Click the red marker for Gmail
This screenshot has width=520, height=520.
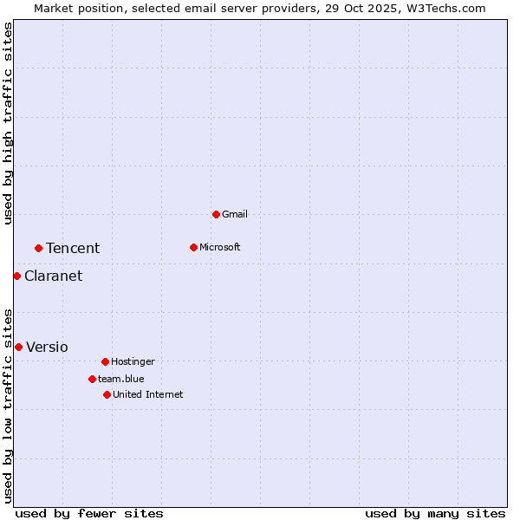[x=216, y=214]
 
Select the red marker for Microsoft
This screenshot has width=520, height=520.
[x=193, y=247]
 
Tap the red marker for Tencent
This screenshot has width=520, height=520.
[x=38, y=248]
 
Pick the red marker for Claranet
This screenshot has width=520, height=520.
[x=16, y=276]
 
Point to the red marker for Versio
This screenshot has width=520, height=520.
[x=18, y=347]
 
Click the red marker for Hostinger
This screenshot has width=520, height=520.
[x=105, y=361]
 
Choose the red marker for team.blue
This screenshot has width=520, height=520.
[x=92, y=379]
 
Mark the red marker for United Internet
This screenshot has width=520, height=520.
[x=107, y=394]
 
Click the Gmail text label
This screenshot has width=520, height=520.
[x=235, y=214]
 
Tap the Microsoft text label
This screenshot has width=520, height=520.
[x=220, y=247]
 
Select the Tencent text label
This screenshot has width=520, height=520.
[x=73, y=248]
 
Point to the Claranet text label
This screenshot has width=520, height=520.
[x=54, y=276]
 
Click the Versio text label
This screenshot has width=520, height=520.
[x=47, y=347]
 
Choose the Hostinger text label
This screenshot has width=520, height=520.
[x=133, y=361]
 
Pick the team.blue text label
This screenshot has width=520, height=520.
[x=121, y=379]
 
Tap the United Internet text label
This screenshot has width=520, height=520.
[x=148, y=394]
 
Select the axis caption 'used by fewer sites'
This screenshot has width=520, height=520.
[x=89, y=513]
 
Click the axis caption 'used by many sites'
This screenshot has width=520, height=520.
[x=435, y=513]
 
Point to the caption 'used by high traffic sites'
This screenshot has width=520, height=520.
[x=8, y=124]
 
